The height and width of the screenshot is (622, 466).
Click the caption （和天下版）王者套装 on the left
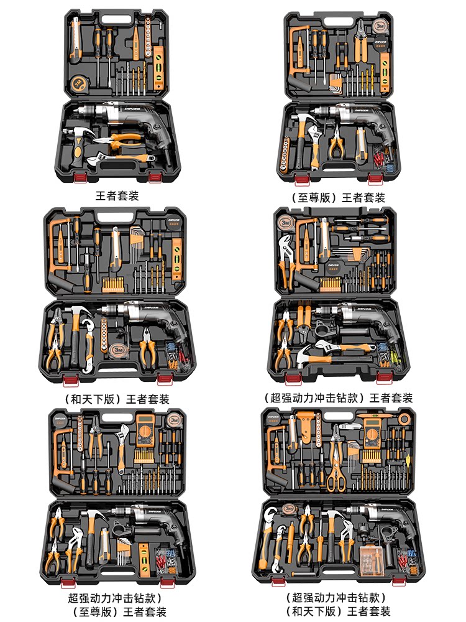(116, 399)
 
